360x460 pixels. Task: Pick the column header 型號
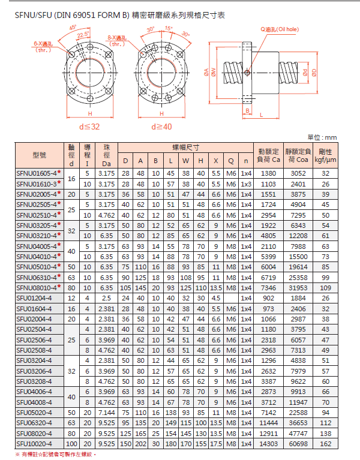[39, 155]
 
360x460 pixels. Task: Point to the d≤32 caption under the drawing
[89, 127]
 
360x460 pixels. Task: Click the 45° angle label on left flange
[73, 28]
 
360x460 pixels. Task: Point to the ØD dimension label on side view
[313, 73]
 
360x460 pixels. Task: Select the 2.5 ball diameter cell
[106, 297]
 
